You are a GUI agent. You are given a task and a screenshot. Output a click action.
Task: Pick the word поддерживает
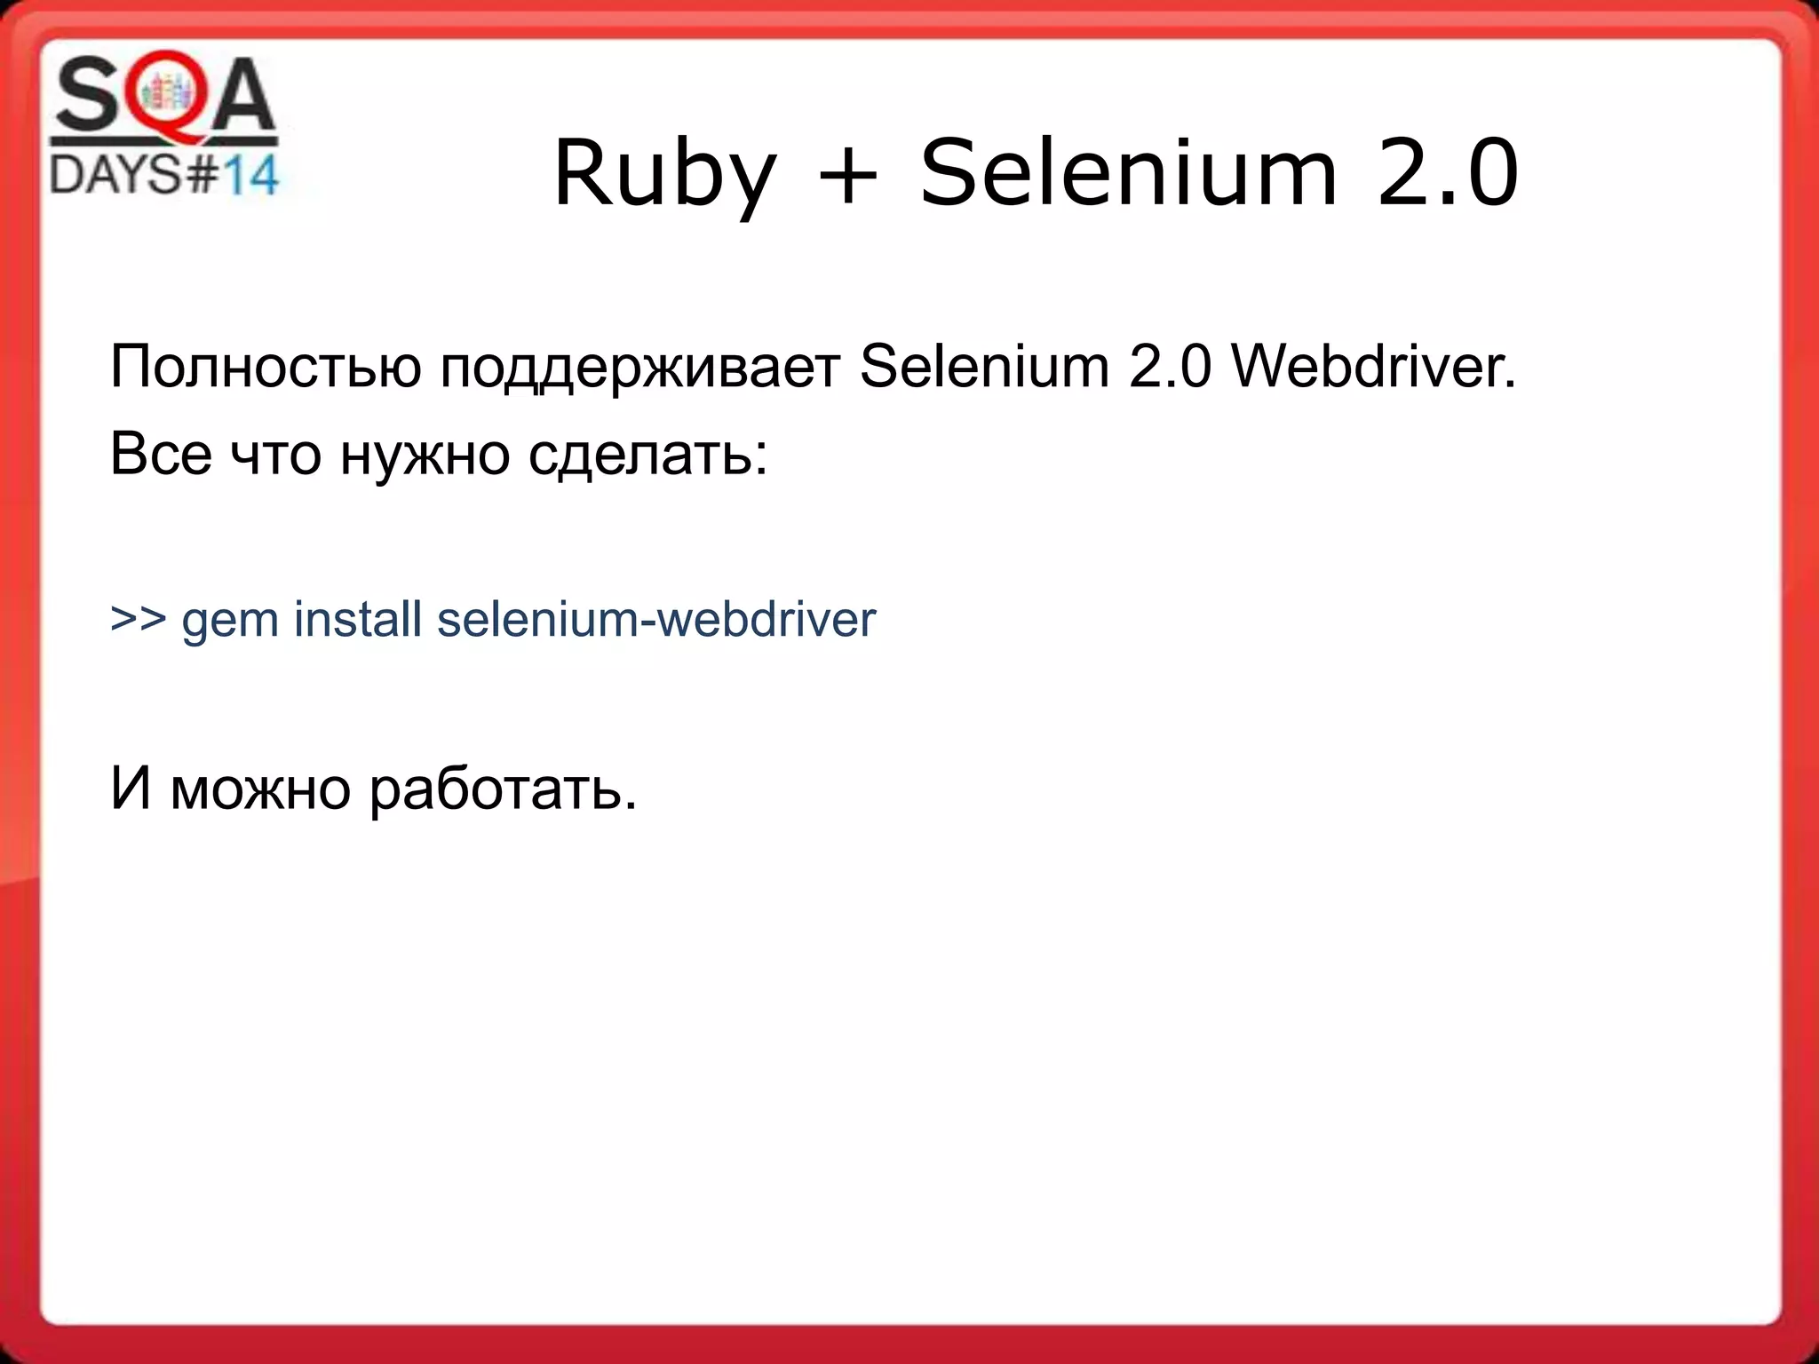[640, 368]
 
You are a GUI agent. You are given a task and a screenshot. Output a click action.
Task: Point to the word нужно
[425, 455]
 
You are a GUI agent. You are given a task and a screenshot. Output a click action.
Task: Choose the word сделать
[647, 455]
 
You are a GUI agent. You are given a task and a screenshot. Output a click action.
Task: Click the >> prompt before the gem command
[139, 618]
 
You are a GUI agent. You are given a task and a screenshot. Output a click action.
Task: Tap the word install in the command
[357, 618]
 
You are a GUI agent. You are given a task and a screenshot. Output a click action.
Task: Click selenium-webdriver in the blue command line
[655, 619]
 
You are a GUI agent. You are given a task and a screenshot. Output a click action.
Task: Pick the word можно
[260, 789]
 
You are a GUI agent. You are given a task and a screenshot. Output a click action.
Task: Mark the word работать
[503, 789]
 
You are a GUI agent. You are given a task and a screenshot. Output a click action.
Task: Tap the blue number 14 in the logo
[250, 175]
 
